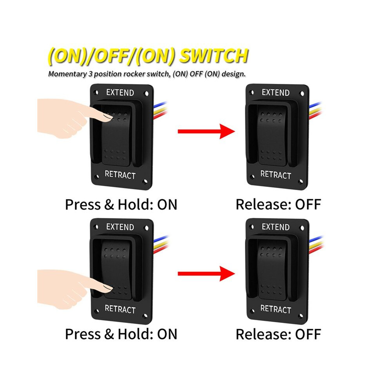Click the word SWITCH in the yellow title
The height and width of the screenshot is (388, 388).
pyautogui.click(x=214, y=55)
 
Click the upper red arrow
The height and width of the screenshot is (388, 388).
pyautogui.click(x=206, y=131)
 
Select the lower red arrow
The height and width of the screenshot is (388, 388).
pyautogui.click(x=206, y=274)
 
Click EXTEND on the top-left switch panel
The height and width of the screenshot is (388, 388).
pyautogui.click(x=120, y=92)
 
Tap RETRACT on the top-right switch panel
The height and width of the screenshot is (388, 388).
pyautogui.click(x=276, y=175)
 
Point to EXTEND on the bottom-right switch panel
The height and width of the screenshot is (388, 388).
pyautogui.click(x=276, y=227)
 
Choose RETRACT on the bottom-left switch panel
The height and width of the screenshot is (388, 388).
pyautogui.click(x=120, y=309)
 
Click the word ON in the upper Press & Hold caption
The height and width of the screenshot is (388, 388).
pyautogui.click(x=167, y=205)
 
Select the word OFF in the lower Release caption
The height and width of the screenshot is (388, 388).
pyautogui.click(x=308, y=334)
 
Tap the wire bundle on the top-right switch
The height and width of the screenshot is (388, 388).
pyautogui.click(x=315, y=111)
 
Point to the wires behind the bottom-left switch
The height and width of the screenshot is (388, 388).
pyautogui.click(x=161, y=245)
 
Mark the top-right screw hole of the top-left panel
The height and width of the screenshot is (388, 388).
pyautogui.click(x=146, y=94)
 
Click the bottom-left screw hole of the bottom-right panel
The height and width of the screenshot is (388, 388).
pyautogui.click(x=252, y=311)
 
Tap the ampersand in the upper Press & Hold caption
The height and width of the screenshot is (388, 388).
pyautogui.click(x=109, y=205)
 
